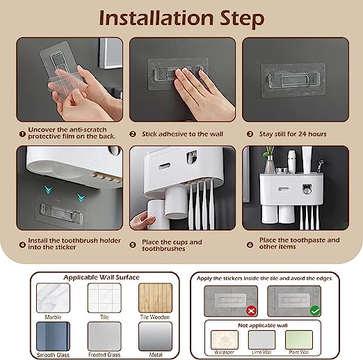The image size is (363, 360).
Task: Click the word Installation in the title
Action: [x=156, y=19]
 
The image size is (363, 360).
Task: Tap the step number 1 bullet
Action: [x=22, y=134]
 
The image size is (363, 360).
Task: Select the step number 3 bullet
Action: [x=250, y=134]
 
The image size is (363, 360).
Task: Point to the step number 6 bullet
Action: [x=250, y=244]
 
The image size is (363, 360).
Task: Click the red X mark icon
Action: [x=251, y=311]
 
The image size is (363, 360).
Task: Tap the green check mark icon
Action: [x=315, y=311]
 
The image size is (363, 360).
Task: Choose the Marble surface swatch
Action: [x=53, y=298]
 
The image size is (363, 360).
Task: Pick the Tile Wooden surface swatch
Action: [x=155, y=298]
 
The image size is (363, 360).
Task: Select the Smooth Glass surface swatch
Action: [x=53, y=336]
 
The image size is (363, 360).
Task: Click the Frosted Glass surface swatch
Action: [x=104, y=336]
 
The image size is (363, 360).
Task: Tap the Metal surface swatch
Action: [x=155, y=336]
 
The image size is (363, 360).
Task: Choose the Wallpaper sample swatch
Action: [x=225, y=340]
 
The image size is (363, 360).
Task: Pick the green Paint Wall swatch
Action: [x=299, y=340]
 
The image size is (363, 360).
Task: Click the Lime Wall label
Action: [x=261, y=352]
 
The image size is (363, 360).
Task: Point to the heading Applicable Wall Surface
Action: [x=102, y=277]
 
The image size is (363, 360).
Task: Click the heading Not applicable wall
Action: [x=263, y=325]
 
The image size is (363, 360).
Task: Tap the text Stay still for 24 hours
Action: [x=293, y=134]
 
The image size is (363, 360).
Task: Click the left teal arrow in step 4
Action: [x=49, y=189]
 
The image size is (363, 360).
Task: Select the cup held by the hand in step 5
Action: [x=158, y=214]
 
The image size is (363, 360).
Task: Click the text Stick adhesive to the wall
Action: [x=182, y=134]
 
